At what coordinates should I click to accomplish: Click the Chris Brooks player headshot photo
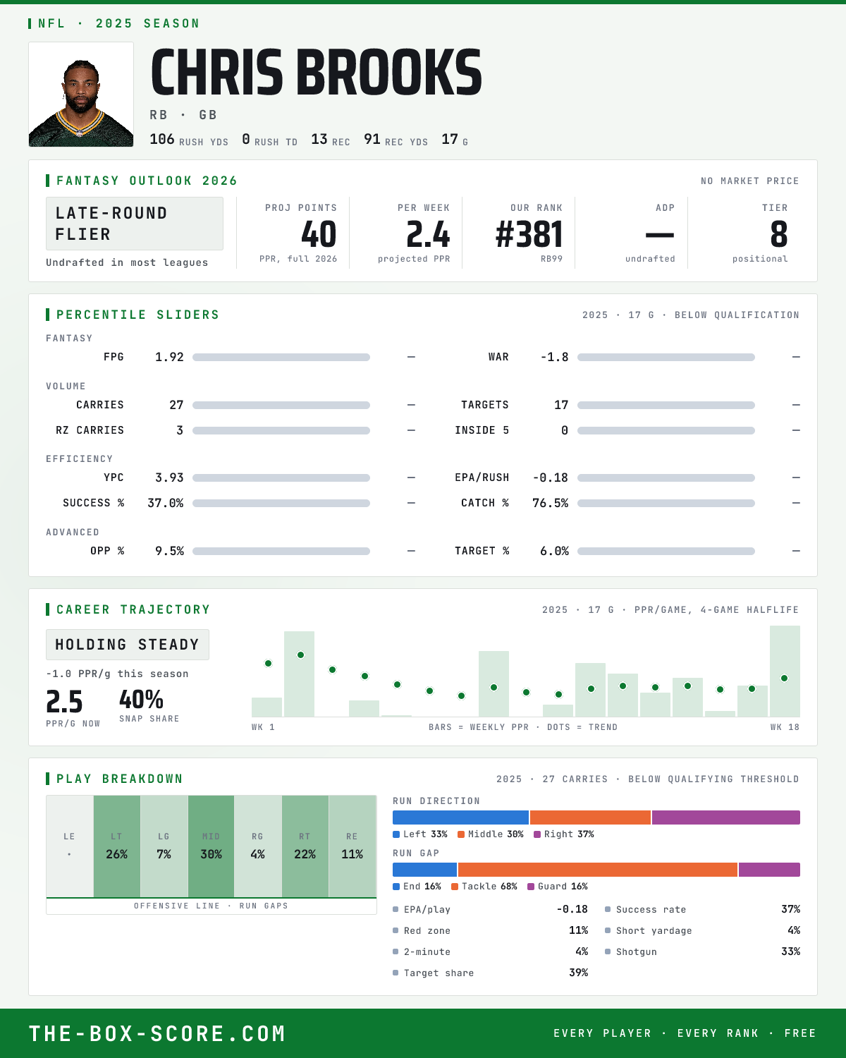coord(81,95)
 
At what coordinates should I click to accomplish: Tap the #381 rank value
coord(529,234)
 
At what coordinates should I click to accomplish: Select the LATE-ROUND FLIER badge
coord(134,224)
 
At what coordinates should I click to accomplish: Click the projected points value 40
coord(319,234)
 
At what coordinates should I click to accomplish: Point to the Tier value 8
coord(778,234)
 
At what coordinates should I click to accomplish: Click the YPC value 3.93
coord(169,478)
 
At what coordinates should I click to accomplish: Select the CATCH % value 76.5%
coord(550,503)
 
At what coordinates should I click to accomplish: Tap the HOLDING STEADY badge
coord(128,645)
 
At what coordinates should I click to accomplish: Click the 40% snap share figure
coord(141,700)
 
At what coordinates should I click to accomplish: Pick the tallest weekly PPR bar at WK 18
coord(785,671)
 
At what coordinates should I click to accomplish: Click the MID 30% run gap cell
coord(211,846)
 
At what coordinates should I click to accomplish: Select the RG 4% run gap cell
coord(257,846)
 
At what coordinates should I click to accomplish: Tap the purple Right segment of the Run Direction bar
coord(725,817)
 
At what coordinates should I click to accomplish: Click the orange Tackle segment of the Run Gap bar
coord(598,870)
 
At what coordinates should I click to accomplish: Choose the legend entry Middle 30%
coord(490,834)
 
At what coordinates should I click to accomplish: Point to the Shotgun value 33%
coord(790,951)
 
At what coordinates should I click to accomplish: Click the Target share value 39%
coord(579,973)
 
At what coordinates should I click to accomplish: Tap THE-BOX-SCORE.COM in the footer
coord(157,1033)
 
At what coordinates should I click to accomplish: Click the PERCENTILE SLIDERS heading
coord(137,315)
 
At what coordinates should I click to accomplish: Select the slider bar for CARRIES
coord(281,405)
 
